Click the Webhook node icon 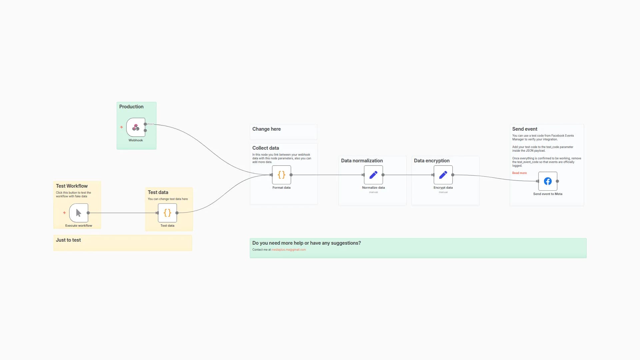click(136, 127)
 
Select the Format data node click(281, 175)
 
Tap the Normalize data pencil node click(373, 175)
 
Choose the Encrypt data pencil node click(443, 175)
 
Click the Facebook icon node click(548, 181)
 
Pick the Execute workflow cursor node click(79, 213)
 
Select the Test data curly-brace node click(167, 213)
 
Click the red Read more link click(519, 173)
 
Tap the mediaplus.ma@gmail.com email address click(288, 250)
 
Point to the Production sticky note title click(131, 107)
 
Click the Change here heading click(266, 129)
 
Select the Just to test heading click(68, 240)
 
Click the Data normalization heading click(362, 161)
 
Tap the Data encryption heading click(432, 161)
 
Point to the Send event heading click(525, 129)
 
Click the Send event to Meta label click(548, 194)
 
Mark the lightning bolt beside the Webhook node click(121, 127)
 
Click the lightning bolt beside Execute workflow click(64, 213)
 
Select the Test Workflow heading click(72, 186)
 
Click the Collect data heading click(265, 148)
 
